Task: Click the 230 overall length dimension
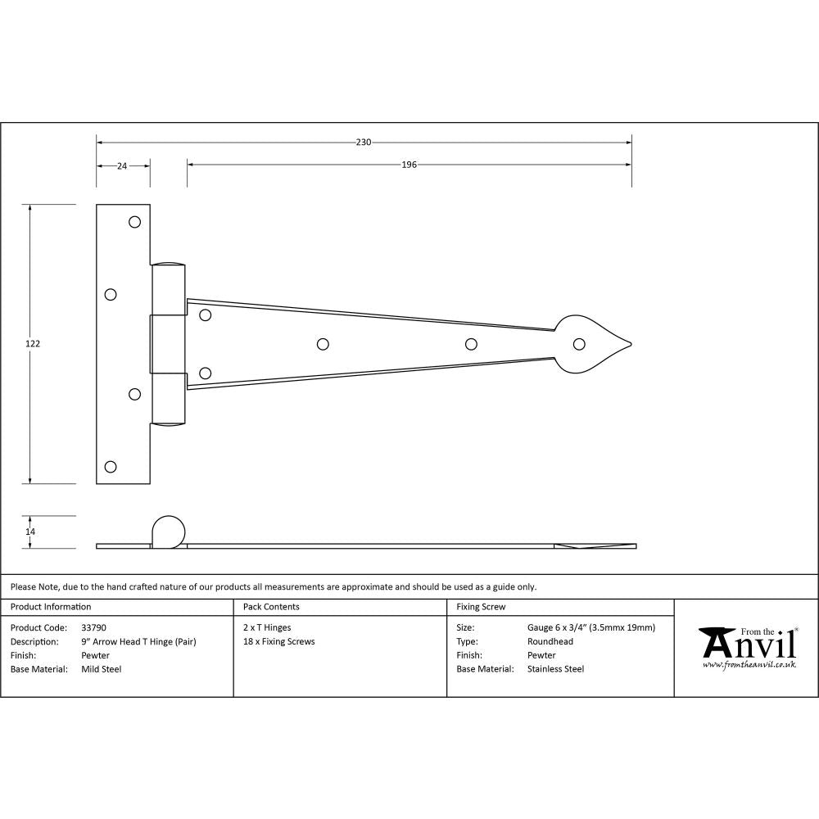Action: click(x=364, y=143)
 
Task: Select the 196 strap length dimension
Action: click(x=409, y=165)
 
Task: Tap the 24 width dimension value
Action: click(x=122, y=165)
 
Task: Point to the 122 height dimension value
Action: click(x=33, y=344)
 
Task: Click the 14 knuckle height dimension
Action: click(x=31, y=532)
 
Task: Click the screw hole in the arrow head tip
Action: click(x=579, y=344)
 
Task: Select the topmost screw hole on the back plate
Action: click(x=135, y=221)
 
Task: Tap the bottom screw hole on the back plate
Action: click(x=111, y=467)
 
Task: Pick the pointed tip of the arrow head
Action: click(x=633, y=344)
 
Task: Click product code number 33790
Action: click(x=94, y=628)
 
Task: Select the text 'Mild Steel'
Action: click(x=102, y=669)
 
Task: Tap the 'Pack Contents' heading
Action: click(x=271, y=607)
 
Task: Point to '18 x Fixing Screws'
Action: click(x=279, y=641)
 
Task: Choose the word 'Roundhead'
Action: click(x=550, y=641)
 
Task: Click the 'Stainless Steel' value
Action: click(x=555, y=669)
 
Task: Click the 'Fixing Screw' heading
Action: click(x=481, y=607)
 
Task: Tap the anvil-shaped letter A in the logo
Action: click(x=715, y=643)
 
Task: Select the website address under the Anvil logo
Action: click(x=749, y=665)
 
